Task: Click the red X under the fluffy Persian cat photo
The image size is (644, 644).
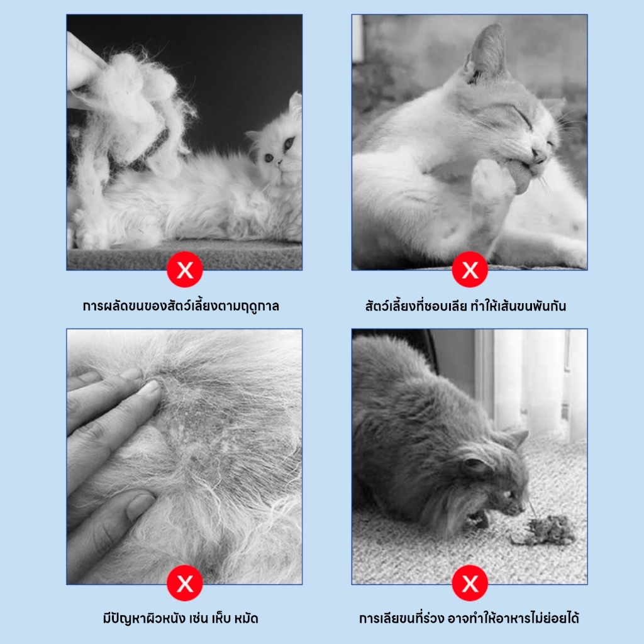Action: click(x=185, y=269)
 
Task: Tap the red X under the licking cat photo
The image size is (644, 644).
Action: click(x=470, y=269)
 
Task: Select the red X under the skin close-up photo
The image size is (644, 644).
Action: click(x=185, y=583)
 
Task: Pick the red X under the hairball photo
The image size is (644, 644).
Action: click(x=470, y=583)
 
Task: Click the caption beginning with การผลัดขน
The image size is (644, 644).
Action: click(x=181, y=306)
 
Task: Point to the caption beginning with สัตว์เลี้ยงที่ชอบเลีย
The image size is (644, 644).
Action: click(x=466, y=306)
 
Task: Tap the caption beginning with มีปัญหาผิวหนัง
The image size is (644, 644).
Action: click(x=180, y=618)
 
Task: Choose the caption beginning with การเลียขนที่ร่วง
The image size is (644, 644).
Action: click(x=469, y=618)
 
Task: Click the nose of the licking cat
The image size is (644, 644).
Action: click(x=539, y=153)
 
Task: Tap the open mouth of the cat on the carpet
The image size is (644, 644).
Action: click(x=477, y=518)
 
